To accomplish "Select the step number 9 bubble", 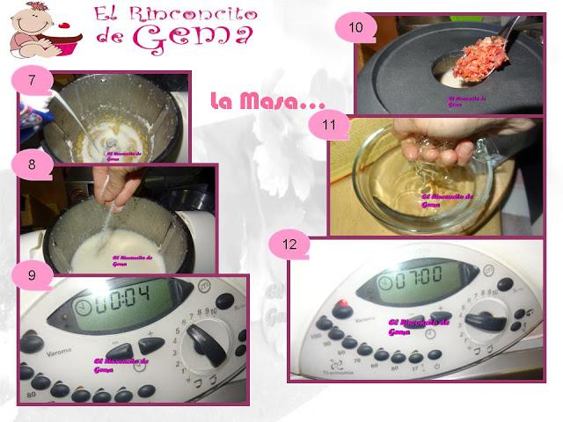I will click(32, 273).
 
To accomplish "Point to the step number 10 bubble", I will click(355, 27).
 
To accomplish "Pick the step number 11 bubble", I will click(329, 125).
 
